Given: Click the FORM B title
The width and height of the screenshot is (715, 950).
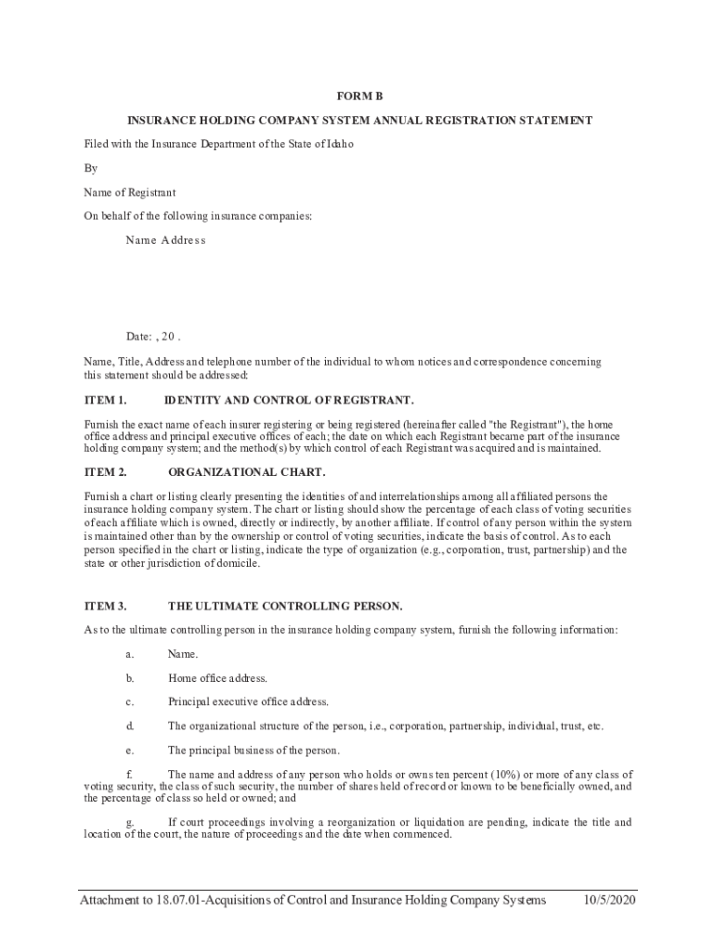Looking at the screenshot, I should tap(358, 96).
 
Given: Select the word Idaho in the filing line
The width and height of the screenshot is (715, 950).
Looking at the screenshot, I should tap(340, 144).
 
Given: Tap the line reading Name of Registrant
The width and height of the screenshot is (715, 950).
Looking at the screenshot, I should tap(129, 192).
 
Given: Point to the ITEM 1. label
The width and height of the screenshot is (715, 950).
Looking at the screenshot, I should tap(105, 400).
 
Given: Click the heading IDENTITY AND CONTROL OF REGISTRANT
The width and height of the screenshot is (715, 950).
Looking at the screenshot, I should tap(289, 400).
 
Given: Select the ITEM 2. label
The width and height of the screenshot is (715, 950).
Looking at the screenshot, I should tap(105, 471).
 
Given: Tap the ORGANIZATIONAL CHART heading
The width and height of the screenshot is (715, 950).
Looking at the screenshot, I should tap(247, 471).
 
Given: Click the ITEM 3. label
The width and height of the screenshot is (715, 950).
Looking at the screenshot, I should tap(105, 606).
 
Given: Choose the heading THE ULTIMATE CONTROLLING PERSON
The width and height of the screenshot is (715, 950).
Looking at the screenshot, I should tap(285, 606).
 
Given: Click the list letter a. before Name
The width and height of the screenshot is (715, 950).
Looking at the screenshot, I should tap(130, 654).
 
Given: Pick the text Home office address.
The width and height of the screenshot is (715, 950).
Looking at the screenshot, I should tap(217, 678).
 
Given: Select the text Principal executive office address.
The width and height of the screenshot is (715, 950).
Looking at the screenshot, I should tap(248, 701).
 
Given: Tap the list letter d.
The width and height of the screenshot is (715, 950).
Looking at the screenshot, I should tap(130, 725).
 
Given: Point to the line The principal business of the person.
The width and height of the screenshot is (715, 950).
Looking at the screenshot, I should tap(253, 750).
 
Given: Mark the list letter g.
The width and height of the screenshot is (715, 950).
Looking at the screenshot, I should tap(130, 822).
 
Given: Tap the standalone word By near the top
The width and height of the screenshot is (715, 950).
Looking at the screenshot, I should tap(91, 168).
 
